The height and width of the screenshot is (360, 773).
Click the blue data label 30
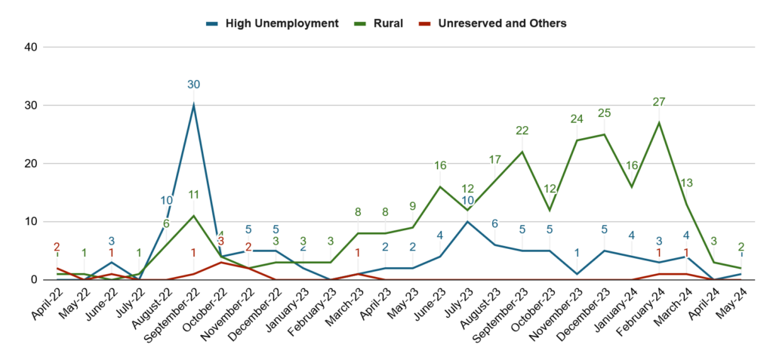click(x=194, y=84)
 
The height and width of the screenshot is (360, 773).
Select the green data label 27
click(x=659, y=102)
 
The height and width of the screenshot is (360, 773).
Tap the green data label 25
click(x=604, y=113)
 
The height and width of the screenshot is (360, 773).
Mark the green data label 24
click(x=577, y=119)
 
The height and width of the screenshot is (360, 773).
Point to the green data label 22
click(x=522, y=131)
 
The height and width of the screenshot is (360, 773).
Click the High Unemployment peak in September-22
click(x=194, y=105)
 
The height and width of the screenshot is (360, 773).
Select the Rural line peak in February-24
click(x=659, y=122)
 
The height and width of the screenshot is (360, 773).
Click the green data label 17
click(x=495, y=159)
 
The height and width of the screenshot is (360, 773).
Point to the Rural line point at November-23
click(x=577, y=140)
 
